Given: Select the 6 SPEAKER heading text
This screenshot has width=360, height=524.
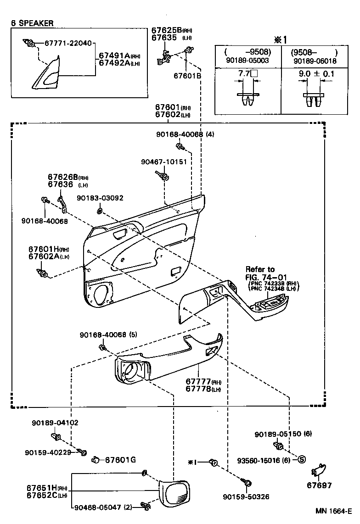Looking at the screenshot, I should pos(33,22).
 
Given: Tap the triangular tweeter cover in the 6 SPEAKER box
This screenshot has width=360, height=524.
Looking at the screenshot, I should pos(48,72).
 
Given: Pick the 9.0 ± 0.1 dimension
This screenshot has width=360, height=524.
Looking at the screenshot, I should pos(316,73).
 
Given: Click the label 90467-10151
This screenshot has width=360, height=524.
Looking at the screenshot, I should pos(163,162).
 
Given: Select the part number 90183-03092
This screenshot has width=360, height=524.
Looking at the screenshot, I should pos(100,198).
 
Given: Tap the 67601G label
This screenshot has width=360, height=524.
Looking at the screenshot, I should pos(120,460).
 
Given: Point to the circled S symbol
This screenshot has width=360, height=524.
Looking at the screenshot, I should pos(302,459).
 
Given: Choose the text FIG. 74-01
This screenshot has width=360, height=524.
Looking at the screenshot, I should pos(266,277).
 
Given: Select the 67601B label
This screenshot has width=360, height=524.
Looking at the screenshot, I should pos(187,76).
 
